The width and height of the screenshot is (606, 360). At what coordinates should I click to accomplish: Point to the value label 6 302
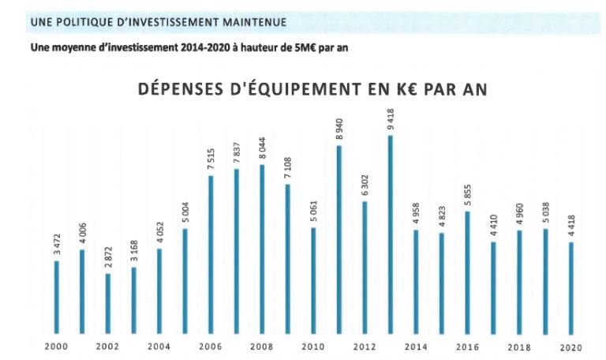coord(365,186)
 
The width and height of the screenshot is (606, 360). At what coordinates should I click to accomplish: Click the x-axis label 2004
coord(159,347)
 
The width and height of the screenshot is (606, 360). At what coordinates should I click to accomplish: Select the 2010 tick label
coord(313,347)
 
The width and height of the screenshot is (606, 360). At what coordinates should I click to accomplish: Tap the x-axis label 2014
coord(416,347)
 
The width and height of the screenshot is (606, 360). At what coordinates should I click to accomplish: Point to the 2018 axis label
coord(518,347)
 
